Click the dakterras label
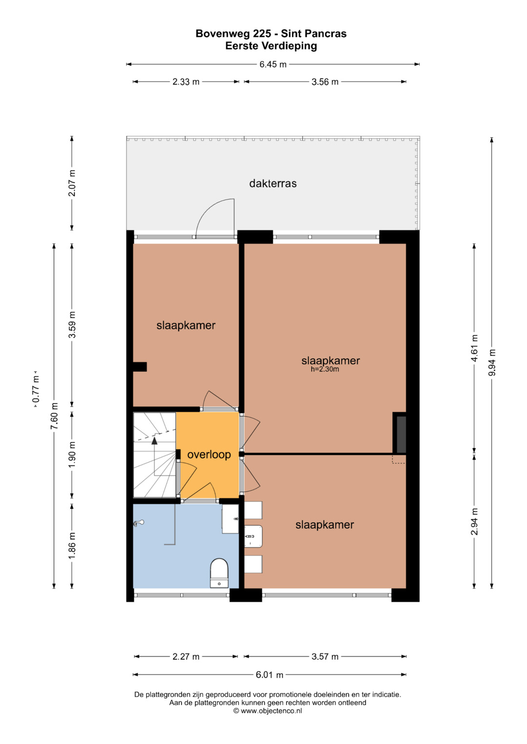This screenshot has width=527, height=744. pyautogui.click(x=273, y=183)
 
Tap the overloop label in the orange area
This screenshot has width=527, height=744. pyautogui.click(x=209, y=455)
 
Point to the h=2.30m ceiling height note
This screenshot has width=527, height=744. pyautogui.click(x=324, y=369)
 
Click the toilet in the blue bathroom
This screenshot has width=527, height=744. pyautogui.click(x=219, y=573)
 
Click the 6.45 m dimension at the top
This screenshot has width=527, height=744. pyautogui.click(x=273, y=64)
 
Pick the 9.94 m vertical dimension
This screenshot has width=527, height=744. pyautogui.click(x=492, y=362)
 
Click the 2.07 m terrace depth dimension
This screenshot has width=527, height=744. pyautogui.click(x=72, y=183)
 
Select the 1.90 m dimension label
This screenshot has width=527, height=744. pyautogui.click(x=72, y=455)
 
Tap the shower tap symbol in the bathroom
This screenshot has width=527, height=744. pyautogui.click(x=139, y=523)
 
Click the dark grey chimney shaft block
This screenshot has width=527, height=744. pyautogui.click(x=401, y=435)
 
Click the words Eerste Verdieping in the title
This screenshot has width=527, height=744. pyautogui.click(x=271, y=46)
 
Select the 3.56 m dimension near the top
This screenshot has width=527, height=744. pyautogui.click(x=325, y=82)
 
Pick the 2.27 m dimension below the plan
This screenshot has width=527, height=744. pyautogui.click(x=186, y=657)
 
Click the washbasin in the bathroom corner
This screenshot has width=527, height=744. pyautogui.click(x=230, y=519)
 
